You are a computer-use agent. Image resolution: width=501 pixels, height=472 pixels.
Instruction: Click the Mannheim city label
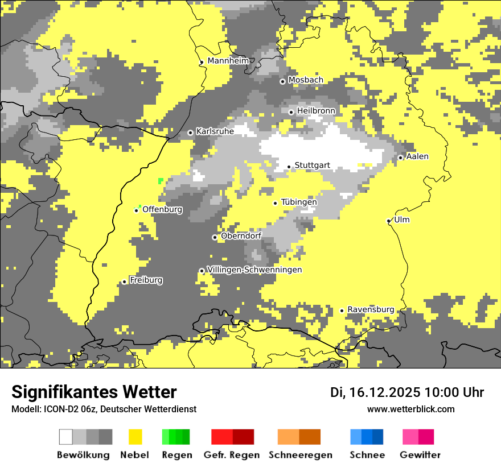pyautogui.click(x=228, y=61)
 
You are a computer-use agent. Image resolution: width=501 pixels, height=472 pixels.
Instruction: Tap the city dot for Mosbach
pyautogui.click(x=282, y=81)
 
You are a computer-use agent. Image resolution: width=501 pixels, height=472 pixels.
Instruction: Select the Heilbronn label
pyautogui.click(x=316, y=110)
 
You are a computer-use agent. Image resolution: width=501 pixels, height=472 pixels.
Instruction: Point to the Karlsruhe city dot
pyautogui.click(x=190, y=133)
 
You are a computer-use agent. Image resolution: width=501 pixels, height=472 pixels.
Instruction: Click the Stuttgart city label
pyautogui.click(x=312, y=165)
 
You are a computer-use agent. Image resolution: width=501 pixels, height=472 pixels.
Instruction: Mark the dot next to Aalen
pyautogui.click(x=400, y=158)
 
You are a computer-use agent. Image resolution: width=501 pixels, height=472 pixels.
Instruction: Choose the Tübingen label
pyautogui.click(x=299, y=202)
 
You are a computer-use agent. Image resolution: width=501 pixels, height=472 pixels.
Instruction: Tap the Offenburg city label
pyautogui.click(x=162, y=209)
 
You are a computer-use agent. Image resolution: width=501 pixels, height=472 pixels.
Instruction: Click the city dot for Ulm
pyautogui.click(x=388, y=221)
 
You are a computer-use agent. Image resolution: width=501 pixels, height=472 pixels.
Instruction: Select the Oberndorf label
pyautogui.click(x=241, y=235)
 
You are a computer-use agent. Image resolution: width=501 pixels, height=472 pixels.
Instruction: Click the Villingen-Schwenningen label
pyautogui.click(x=254, y=270)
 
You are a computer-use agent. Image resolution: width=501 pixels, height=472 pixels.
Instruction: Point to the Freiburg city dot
pyautogui.click(x=124, y=281)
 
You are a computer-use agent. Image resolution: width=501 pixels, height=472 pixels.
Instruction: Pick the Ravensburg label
pyautogui.click(x=371, y=309)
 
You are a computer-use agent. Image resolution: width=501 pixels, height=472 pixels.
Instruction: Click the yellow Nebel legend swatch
pyautogui.click(x=135, y=437)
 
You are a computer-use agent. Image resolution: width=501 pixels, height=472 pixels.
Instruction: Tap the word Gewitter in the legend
pyautogui.click(x=420, y=455)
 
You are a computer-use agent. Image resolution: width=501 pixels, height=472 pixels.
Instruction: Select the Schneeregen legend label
pyautogui.click(x=300, y=455)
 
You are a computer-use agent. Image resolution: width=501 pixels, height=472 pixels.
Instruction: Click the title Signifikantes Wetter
pyautogui.click(x=94, y=392)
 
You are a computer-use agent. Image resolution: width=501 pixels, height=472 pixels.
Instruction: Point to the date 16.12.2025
pyautogui.click(x=385, y=392)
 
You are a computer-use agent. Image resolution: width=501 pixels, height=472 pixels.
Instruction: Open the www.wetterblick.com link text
pyautogui.click(x=410, y=409)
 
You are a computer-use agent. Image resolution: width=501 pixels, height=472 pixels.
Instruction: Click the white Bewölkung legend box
pyautogui.click(x=66, y=437)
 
